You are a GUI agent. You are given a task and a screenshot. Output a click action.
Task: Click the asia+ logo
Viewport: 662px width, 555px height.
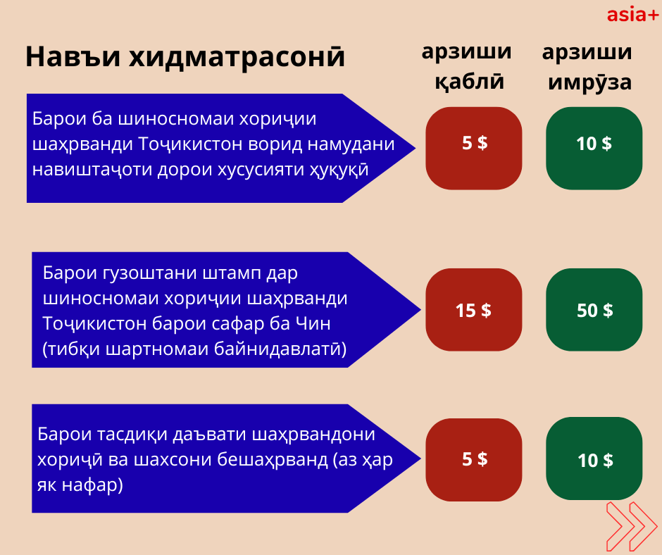[632, 15]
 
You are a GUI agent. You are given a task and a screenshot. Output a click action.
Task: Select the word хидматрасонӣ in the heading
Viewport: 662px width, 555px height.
[237, 57]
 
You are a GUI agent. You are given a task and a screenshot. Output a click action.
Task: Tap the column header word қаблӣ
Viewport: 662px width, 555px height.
[470, 82]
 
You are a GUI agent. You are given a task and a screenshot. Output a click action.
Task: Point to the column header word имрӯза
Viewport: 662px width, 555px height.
[589, 82]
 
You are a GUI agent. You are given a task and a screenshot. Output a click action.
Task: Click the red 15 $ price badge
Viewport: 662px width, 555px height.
[474, 310]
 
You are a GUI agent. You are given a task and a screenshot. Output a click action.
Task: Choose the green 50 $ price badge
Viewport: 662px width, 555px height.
[594, 310]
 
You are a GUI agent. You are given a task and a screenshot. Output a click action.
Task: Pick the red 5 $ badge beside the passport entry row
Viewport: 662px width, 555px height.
[474, 148]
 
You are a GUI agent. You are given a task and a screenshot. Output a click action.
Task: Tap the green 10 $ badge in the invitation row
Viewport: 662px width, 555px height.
[594, 459]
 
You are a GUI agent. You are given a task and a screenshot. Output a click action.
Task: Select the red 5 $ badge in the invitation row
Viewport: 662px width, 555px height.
[474, 460]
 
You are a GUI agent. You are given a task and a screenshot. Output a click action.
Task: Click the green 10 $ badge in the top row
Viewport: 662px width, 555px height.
[594, 148]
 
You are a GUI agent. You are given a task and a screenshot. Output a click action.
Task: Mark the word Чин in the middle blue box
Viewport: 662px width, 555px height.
[313, 323]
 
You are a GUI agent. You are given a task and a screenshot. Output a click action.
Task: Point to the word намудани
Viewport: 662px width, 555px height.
[351, 144]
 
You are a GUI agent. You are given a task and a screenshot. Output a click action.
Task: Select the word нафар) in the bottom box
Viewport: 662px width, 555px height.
[92, 485]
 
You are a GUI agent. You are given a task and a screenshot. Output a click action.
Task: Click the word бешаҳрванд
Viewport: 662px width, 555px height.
[273, 459]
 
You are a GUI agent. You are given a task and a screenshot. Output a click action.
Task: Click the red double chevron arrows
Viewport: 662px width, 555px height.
[632, 526]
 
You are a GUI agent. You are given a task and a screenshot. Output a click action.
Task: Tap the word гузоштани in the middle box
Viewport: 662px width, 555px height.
[150, 274]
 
